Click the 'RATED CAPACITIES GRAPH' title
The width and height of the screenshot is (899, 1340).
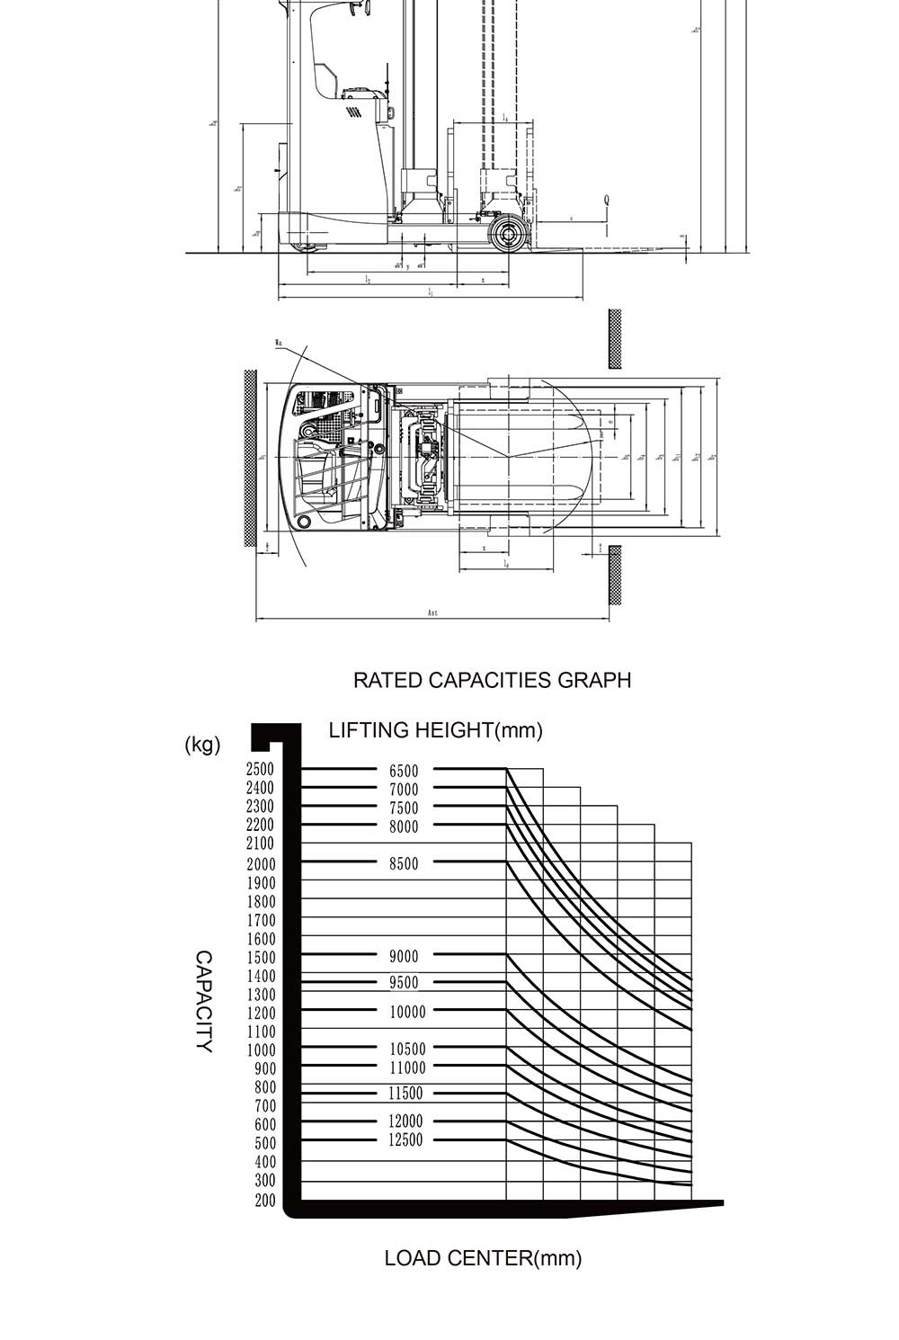pyautogui.click(x=492, y=680)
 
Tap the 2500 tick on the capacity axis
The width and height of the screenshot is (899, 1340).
pyautogui.click(x=260, y=770)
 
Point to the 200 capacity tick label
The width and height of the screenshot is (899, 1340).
pyautogui.click(x=265, y=1201)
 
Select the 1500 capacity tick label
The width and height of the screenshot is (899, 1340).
pyautogui.click(x=260, y=958)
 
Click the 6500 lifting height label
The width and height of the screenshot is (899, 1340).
pyautogui.click(x=404, y=771)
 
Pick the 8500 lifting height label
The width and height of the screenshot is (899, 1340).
pyautogui.click(x=404, y=863)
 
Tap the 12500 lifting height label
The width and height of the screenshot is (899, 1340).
pyautogui.click(x=405, y=1140)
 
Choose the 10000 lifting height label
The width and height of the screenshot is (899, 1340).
pyautogui.click(x=407, y=1012)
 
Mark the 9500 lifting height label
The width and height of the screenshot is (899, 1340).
pyautogui.click(x=404, y=983)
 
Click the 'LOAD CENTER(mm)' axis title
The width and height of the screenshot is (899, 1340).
pyautogui.click(x=483, y=1258)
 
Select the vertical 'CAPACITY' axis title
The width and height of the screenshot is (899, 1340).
pyautogui.click(x=205, y=1001)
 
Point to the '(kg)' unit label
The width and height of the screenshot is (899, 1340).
pyautogui.click(x=202, y=745)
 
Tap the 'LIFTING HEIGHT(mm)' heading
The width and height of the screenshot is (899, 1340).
pyautogui.click(x=436, y=730)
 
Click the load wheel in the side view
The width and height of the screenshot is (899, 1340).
pyautogui.click(x=508, y=235)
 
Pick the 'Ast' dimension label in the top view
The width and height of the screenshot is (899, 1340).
pyautogui.click(x=432, y=613)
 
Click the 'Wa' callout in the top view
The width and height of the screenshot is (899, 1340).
pyautogui.click(x=279, y=343)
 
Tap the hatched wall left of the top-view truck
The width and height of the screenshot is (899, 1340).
pyautogui.click(x=249, y=457)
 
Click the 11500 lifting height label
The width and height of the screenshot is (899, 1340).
pyautogui.click(x=405, y=1094)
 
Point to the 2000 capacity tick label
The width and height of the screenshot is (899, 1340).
pyautogui.click(x=260, y=864)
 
